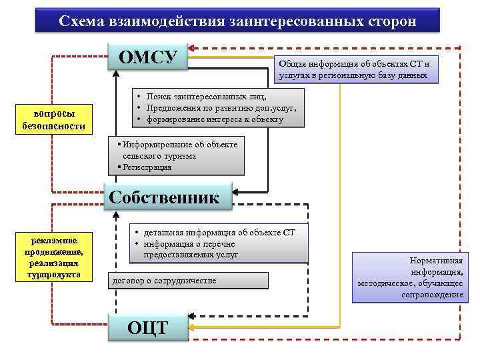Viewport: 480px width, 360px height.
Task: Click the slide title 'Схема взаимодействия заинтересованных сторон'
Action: [237, 21]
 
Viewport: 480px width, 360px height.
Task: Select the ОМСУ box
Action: [147, 57]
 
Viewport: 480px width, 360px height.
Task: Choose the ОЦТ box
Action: [147, 327]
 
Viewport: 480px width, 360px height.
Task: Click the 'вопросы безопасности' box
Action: [54, 119]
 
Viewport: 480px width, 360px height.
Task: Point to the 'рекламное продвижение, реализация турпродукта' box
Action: [54, 257]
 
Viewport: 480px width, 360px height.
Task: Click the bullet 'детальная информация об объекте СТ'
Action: [217, 232]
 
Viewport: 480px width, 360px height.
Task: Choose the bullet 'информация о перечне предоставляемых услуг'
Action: [191, 249]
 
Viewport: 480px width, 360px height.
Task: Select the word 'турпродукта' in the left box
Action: [54, 275]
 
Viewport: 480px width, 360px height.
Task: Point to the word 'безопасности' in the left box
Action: [54, 125]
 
